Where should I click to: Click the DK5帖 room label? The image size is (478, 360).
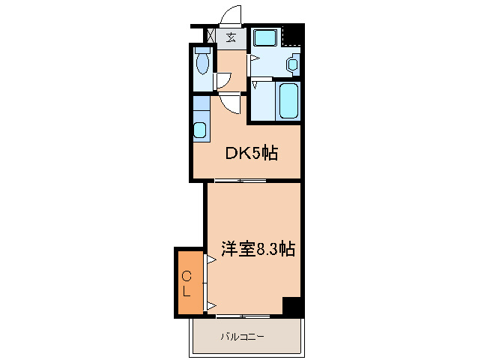click(x=252, y=154)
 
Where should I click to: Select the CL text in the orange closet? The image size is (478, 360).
click(x=187, y=283)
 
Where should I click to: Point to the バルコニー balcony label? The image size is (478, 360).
click(x=241, y=337)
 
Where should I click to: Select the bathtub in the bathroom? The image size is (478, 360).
click(x=288, y=100)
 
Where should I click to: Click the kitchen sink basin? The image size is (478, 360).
click(x=199, y=129)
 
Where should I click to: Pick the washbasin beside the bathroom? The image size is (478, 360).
click(x=293, y=64)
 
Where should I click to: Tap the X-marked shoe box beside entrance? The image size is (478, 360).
click(x=210, y=35)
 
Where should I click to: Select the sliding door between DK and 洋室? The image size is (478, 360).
click(x=240, y=181)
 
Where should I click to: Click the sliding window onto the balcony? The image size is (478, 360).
click(x=242, y=316)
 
